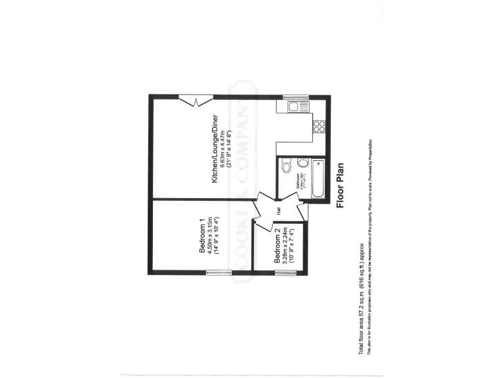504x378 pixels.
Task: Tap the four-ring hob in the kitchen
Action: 319,126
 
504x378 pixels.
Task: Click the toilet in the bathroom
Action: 287,167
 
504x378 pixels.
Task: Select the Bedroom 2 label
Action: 278,246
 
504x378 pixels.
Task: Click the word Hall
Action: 278,211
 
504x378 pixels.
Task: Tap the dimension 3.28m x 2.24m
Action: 286,246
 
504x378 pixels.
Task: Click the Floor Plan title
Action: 341,186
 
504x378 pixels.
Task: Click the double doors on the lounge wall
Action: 196,100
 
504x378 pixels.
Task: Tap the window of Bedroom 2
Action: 284,273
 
